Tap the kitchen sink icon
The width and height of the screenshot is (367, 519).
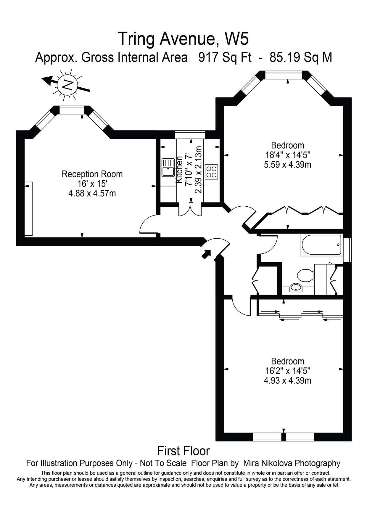coord(168,168)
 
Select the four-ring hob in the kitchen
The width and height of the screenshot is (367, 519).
coord(211,172)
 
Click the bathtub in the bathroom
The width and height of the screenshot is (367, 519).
coord(321,245)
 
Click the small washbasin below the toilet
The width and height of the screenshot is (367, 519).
coord(296,287)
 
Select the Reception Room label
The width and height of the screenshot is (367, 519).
coord(92,174)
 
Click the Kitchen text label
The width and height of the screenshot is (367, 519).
coord(179,170)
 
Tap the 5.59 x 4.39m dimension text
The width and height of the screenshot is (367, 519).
coord(287,165)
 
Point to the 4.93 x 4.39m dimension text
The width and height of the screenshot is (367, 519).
coord(287,380)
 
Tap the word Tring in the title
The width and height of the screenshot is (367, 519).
coord(136,39)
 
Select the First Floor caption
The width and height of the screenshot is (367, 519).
coord(183,451)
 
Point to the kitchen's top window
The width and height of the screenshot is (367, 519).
coord(190,135)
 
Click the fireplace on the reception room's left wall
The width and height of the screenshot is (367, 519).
coord(28,209)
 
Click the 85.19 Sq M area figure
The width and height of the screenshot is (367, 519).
coord(301,57)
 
